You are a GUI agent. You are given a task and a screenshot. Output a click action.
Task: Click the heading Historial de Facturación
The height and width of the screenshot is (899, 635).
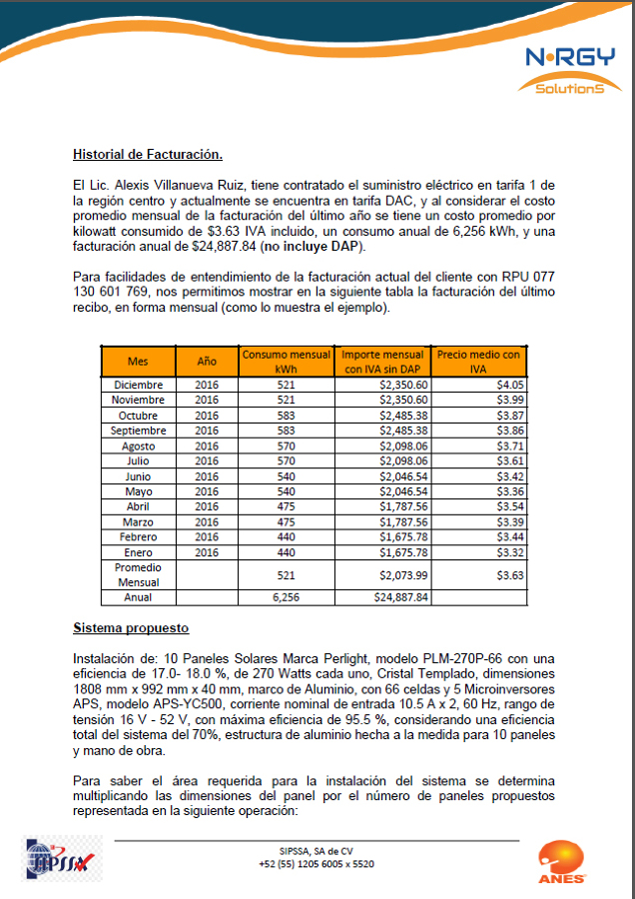pyautogui.click(x=147, y=154)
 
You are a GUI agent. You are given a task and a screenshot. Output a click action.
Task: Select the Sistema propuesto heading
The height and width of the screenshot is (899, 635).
pyautogui.click(x=131, y=628)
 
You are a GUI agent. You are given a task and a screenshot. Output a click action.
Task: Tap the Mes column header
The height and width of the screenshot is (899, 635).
pyautogui.click(x=138, y=362)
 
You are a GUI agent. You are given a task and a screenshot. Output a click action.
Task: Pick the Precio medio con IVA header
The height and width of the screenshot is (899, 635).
pyautogui.click(x=478, y=362)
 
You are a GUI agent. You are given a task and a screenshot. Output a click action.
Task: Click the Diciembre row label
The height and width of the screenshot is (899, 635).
pyautogui.click(x=138, y=385)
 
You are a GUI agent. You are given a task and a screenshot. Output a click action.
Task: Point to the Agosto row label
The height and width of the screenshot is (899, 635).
pyautogui.click(x=138, y=446)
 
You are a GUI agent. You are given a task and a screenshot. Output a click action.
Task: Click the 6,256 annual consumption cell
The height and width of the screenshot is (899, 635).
pyautogui.click(x=287, y=596)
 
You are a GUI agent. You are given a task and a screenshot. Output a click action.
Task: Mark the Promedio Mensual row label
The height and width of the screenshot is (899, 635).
pyautogui.click(x=138, y=574)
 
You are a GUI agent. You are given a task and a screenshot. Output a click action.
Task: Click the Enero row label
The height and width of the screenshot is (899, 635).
pyautogui.click(x=138, y=552)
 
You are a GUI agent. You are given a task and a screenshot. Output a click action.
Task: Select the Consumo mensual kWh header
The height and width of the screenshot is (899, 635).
pyautogui.click(x=287, y=362)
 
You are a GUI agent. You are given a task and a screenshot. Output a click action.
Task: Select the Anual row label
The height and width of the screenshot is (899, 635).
pyautogui.click(x=138, y=596)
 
